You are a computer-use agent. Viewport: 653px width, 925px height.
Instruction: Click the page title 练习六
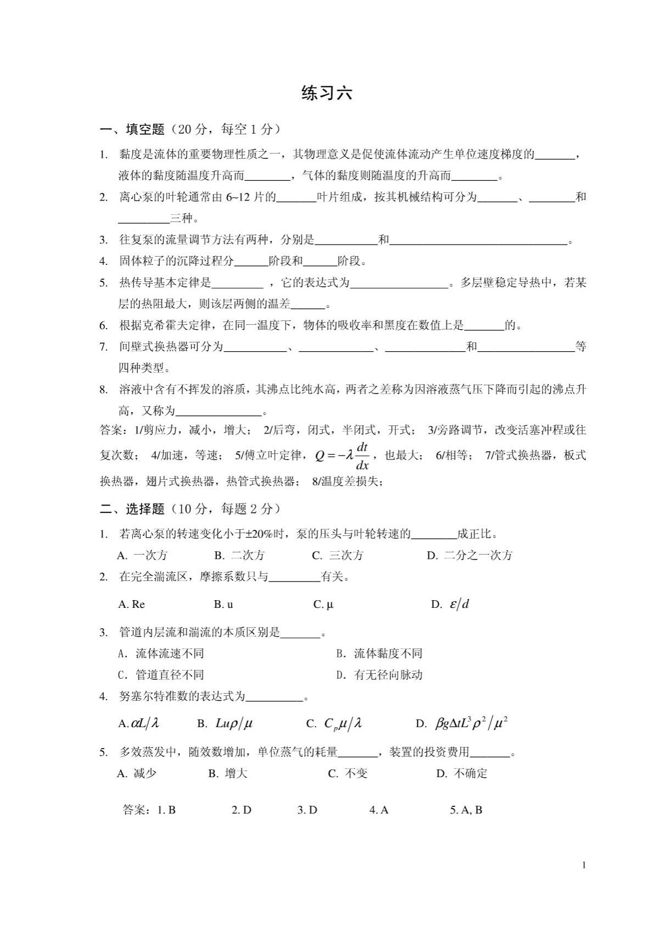(326, 93)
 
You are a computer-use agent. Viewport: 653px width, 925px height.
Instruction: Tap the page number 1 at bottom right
(584, 866)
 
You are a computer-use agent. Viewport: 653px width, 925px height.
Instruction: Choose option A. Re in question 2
(131, 605)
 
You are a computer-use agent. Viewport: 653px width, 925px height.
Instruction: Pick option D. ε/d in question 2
(450, 605)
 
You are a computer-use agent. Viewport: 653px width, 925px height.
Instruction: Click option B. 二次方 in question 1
(239, 555)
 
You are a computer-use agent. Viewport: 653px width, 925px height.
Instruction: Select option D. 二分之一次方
(469, 555)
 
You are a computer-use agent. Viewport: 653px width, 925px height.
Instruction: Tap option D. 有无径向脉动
(379, 675)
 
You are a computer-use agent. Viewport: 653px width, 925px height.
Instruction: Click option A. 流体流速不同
(160, 653)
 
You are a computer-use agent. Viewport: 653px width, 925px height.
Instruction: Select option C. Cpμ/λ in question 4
(334, 724)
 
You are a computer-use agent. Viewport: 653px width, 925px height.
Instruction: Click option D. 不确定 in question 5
(461, 773)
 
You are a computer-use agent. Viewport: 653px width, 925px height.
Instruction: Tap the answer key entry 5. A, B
(466, 810)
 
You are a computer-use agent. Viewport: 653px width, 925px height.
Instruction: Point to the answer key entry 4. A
(378, 810)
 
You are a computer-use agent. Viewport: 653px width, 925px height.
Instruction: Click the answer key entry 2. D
(241, 810)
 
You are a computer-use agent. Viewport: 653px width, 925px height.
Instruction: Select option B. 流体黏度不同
(379, 653)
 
